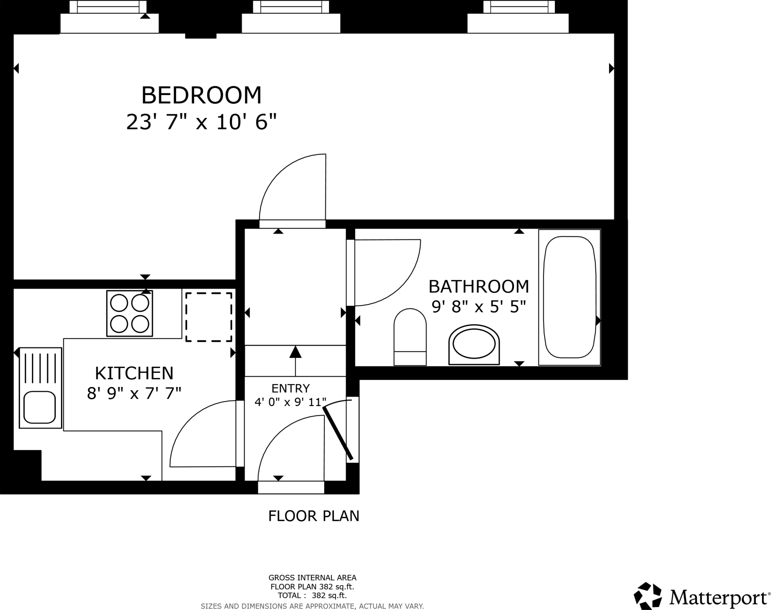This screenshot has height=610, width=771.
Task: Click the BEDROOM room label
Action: (x=201, y=95)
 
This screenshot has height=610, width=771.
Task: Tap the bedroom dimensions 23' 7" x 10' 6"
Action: (x=201, y=122)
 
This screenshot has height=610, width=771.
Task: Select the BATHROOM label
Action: (x=478, y=287)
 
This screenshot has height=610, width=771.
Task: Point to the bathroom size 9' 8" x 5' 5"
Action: (x=478, y=307)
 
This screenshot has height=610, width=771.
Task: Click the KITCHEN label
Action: (x=134, y=373)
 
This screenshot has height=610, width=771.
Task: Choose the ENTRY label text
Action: (x=291, y=388)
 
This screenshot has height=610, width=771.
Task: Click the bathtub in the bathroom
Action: (x=570, y=297)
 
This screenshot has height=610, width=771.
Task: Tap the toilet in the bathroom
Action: (x=410, y=337)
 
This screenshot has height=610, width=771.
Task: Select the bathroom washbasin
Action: (x=474, y=344)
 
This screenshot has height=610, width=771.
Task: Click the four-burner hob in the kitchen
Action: (x=130, y=313)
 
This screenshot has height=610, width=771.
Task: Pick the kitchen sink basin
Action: (x=40, y=407)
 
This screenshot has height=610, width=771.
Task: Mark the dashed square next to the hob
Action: (x=209, y=317)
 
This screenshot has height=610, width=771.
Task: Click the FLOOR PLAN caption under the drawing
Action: (x=314, y=516)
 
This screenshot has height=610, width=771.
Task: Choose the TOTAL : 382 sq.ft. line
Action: (x=312, y=595)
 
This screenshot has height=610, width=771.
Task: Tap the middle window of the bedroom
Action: (x=291, y=17)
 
